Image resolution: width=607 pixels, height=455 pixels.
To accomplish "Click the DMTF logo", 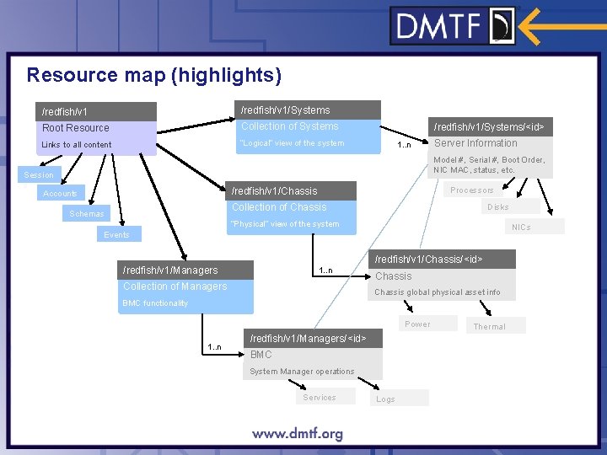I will click(454, 25).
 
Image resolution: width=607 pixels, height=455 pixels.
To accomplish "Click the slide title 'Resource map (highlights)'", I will click(154, 75).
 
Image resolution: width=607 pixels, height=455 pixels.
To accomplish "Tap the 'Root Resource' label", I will click(76, 128).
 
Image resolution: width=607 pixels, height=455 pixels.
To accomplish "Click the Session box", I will click(39, 175).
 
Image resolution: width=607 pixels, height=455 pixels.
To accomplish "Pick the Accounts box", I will click(61, 194).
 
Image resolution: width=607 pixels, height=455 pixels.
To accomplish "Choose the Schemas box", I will click(88, 214).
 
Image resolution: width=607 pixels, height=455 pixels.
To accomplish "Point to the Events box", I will click(117, 234).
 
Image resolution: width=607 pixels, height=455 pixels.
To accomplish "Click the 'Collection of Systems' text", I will click(289, 126).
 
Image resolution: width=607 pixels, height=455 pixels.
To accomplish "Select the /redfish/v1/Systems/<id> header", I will click(489, 127).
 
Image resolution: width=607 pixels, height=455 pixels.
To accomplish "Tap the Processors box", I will click(472, 190).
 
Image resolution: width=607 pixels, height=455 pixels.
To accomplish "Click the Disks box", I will click(498, 206).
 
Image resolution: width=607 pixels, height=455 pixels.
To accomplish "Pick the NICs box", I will click(523, 227).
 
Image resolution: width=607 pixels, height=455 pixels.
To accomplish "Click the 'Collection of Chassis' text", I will click(279, 207).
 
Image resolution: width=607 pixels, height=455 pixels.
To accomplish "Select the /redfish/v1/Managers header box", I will click(185, 270).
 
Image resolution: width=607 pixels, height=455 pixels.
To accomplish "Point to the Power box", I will click(418, 324).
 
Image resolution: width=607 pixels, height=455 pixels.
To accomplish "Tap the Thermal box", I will click(490, 326).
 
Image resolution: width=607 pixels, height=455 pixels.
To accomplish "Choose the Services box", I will click(320, 398).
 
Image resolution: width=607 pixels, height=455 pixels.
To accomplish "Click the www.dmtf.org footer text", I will click(298, 434).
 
